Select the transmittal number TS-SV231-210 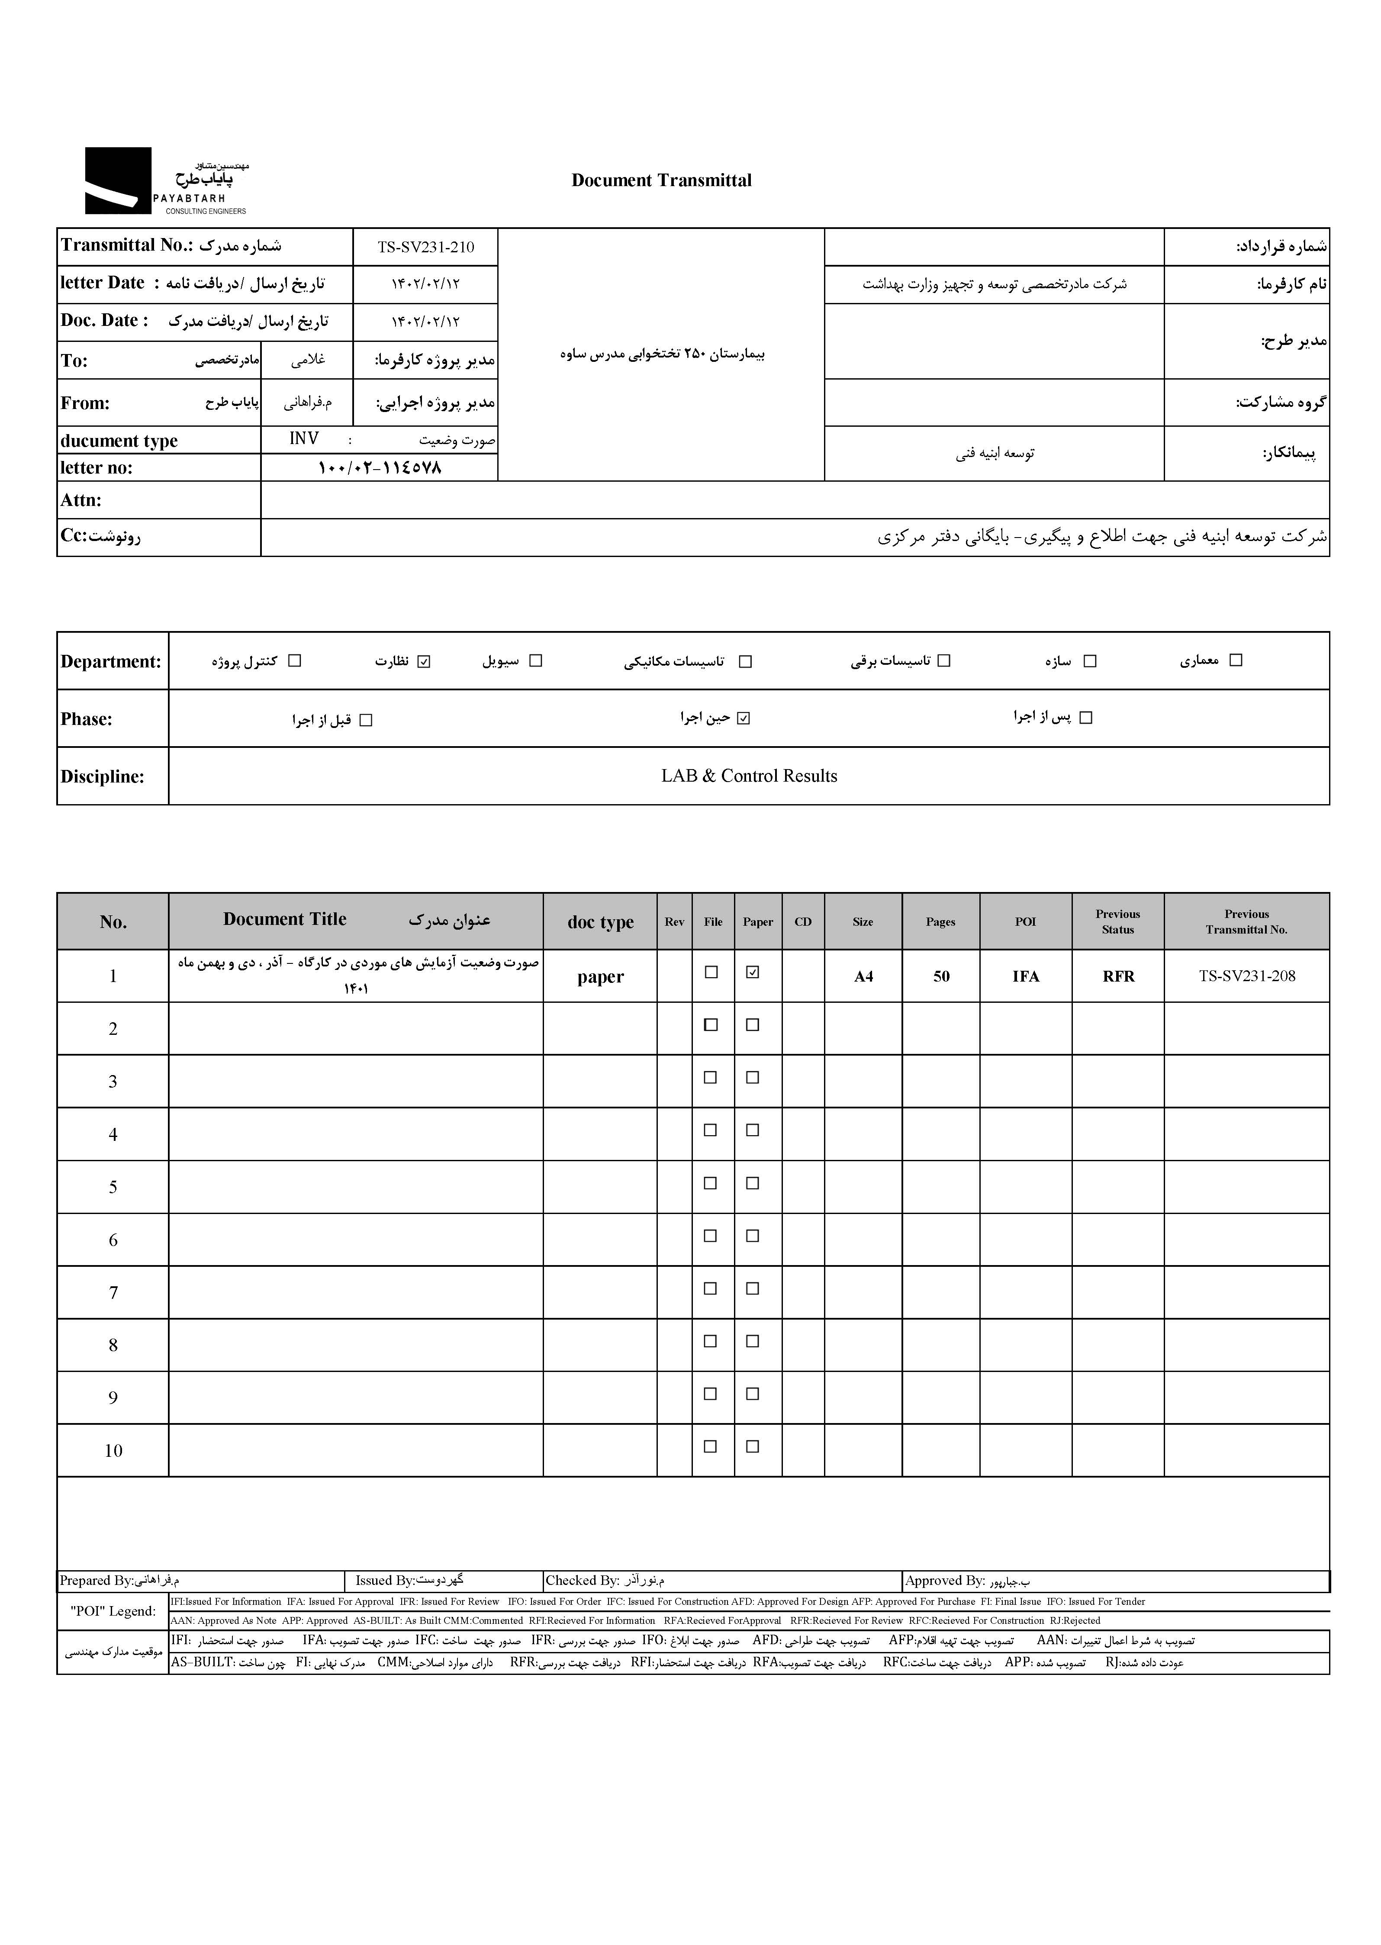click(425, 248)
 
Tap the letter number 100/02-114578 click(379, 468)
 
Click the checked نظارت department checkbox click(424, 661)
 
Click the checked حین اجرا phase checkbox click(744, 718)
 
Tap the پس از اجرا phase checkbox click(1085, 718)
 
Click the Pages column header click(940, 922)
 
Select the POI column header click(1026, 922)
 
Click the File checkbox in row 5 click(711, 1183)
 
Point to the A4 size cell click(863, 976)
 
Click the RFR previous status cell click(1118, 976)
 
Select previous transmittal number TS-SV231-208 click(1247, 976)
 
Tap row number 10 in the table click(113, 1451)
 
